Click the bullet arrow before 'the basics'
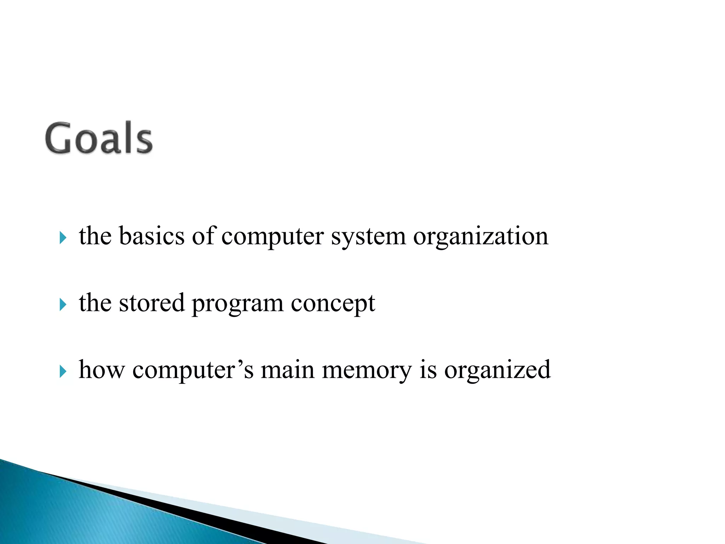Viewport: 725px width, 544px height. pos(63,238)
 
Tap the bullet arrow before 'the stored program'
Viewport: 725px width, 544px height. pos(63,304)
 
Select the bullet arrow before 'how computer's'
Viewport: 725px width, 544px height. pos(63,372)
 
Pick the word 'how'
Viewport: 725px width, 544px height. pos(102,370)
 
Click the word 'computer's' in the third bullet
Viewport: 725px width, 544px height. pos(193,370)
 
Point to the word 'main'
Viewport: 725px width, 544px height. pos(287,370)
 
